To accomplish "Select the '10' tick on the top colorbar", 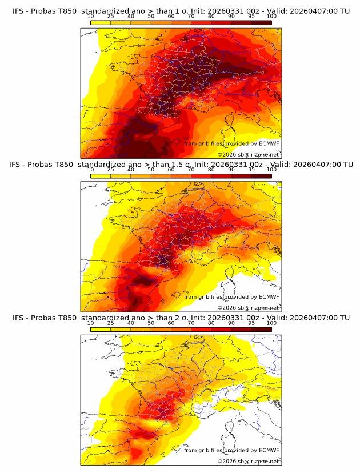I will point(91,17).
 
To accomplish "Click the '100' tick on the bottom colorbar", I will point(271,323).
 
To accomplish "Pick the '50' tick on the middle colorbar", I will point(151,170).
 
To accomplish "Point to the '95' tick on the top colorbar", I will point(251,17).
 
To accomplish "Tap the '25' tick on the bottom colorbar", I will point(111,323).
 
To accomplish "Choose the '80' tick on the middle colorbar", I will point(211,170).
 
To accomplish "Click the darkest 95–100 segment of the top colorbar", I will point(261,22).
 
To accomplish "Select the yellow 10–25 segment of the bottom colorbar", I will point(101,329).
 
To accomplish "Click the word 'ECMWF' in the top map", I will point(269,143).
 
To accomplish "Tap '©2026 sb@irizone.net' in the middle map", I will point(249,307).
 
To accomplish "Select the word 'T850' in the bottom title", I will point(66,318).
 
